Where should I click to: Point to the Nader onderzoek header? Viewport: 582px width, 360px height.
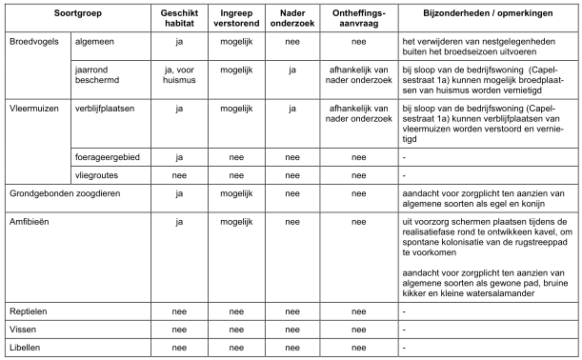pos(292,17)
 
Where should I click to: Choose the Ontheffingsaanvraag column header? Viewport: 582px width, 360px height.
pos(358,17)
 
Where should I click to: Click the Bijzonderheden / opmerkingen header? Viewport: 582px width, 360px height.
pos(488,17)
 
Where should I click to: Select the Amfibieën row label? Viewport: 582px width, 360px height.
pos(30,222)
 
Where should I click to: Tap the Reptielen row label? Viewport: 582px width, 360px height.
pos(29,311)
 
